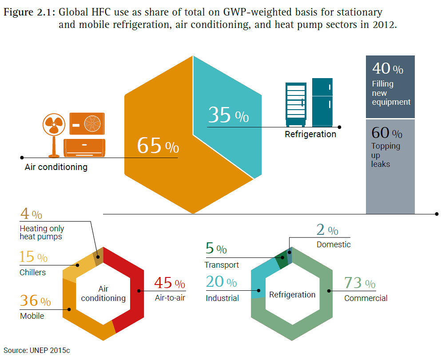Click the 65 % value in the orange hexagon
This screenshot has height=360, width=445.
tap(158, 146)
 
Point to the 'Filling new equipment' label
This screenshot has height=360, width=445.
tap(391, 93)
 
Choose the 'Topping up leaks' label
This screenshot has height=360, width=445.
tap(385, 155)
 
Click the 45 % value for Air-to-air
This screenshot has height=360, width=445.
tap(169, 283)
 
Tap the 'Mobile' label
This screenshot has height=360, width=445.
tap(32, 316)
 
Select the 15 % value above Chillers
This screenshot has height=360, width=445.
tap(33, 257)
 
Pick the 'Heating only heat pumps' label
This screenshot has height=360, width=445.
tap(42, 233)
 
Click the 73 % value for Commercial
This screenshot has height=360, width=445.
tap(360, 283)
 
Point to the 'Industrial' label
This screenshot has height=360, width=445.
tap(222, 298)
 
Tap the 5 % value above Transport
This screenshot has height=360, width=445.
tap(216, 249)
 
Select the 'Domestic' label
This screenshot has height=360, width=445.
tap(334, 245)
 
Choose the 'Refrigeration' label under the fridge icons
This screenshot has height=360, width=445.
tap(310, 134)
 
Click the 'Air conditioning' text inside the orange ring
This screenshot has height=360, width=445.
tap(103, 294)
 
